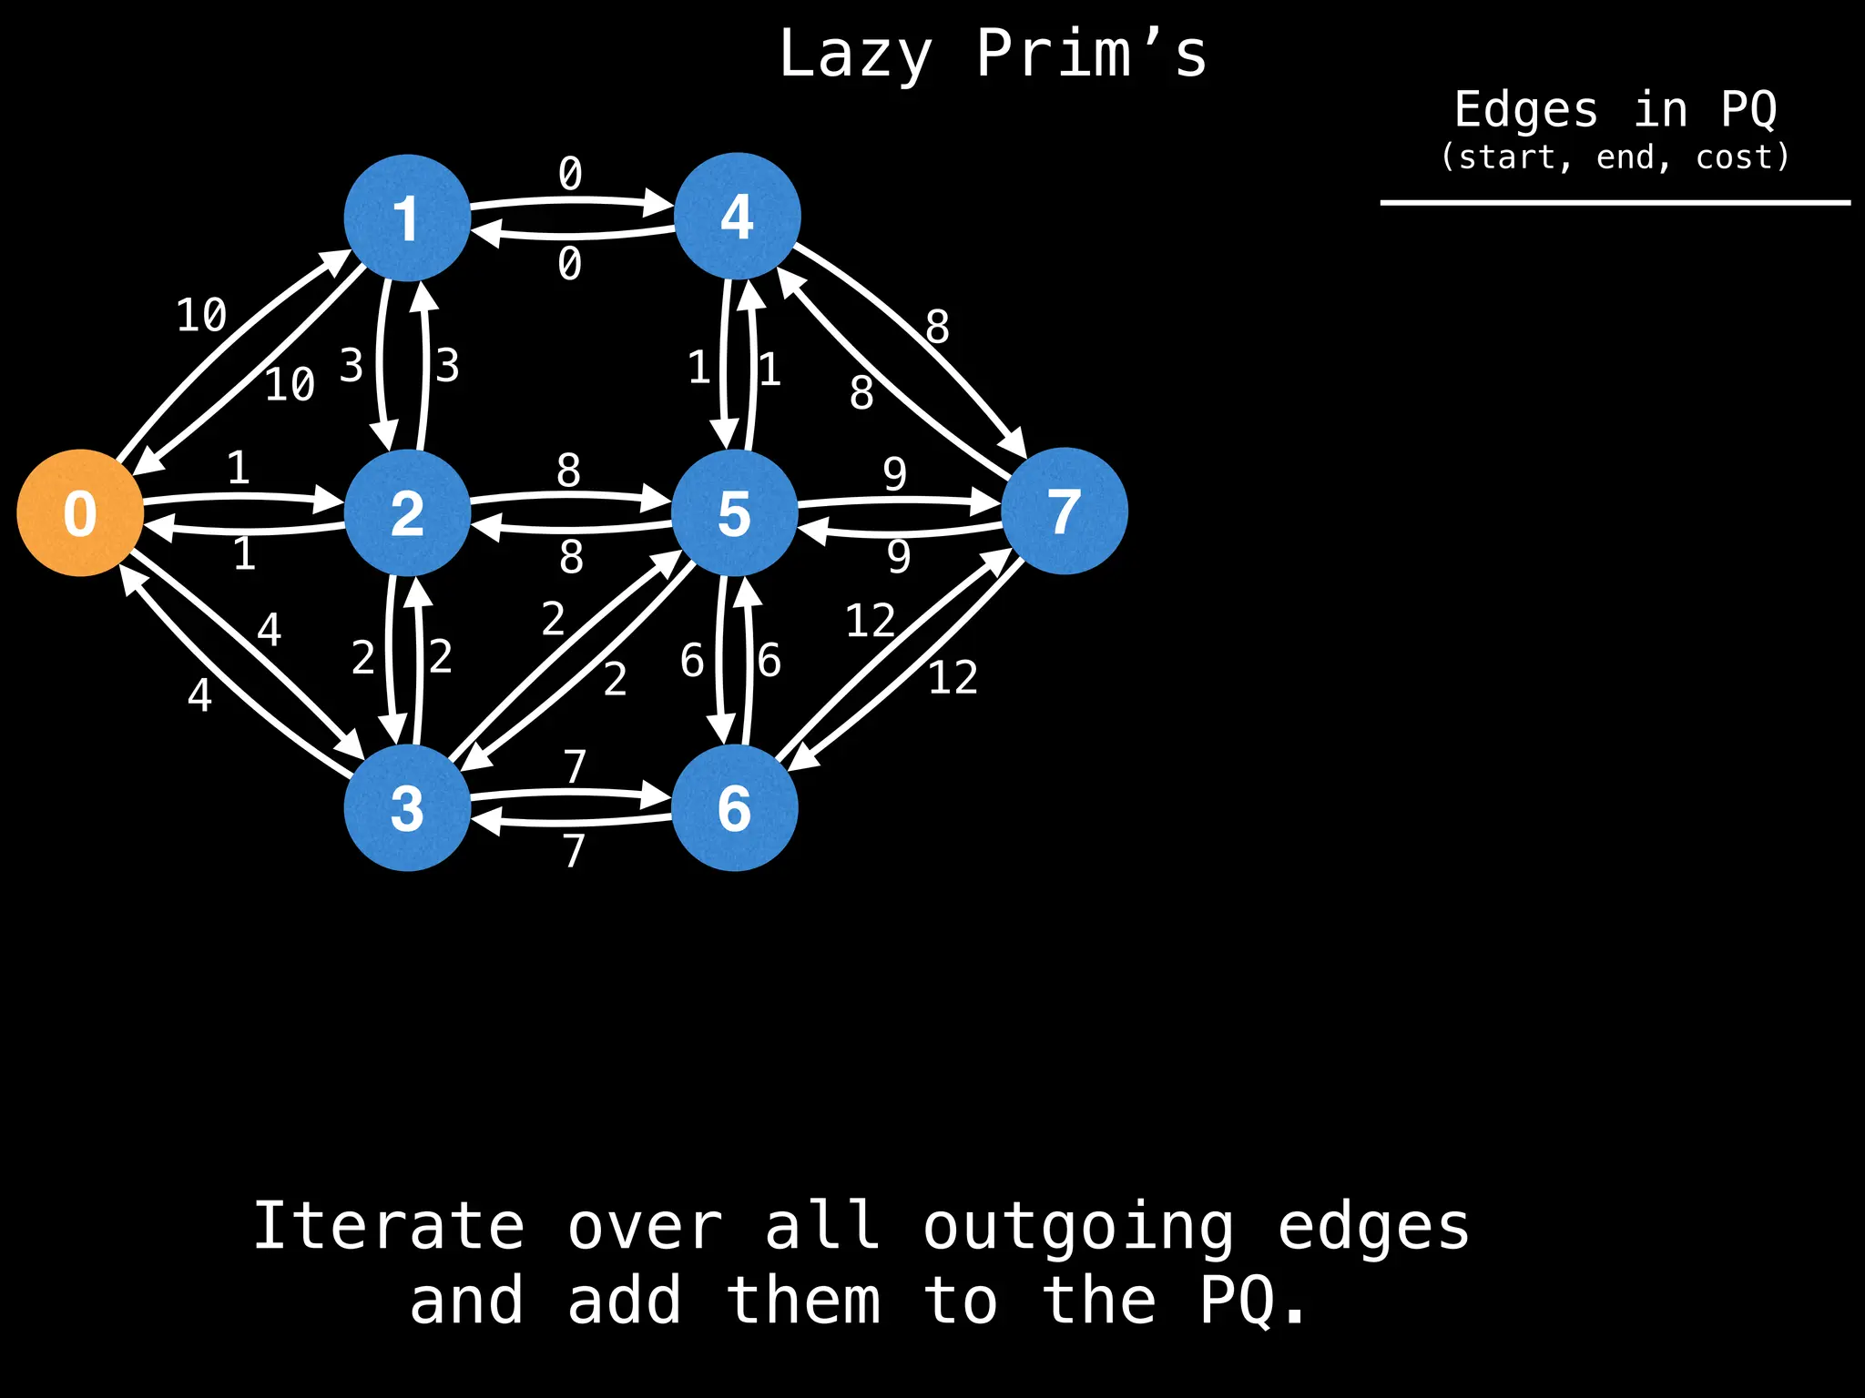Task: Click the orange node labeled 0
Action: (80, 512)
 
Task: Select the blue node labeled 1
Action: (407, 218)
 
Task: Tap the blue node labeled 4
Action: (737, 216)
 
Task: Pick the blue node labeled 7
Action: (1064, 511)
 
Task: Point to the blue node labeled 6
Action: (735, 807)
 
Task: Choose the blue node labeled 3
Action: (407, 807)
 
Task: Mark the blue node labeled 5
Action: (735, 512)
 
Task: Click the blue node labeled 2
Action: (407, 512)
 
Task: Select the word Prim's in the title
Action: (1091, 55)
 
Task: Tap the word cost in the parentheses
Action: (1736, 157)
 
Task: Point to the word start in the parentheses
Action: (1507, 157)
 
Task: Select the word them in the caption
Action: (803, 1300)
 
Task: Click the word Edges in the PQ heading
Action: (1526, 110)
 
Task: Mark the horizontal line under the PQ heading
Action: (1615, 202)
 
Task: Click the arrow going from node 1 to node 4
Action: (570, 200)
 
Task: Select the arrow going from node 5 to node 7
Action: (897, 501)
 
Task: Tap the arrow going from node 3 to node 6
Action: (570, 795)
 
